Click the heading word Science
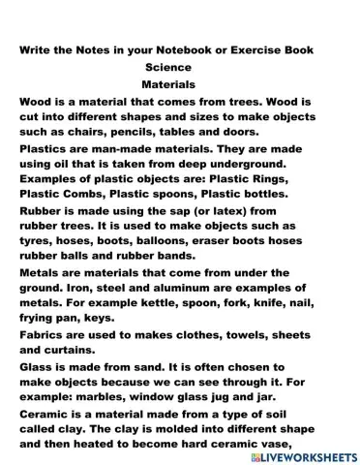(x=172, y=68)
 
